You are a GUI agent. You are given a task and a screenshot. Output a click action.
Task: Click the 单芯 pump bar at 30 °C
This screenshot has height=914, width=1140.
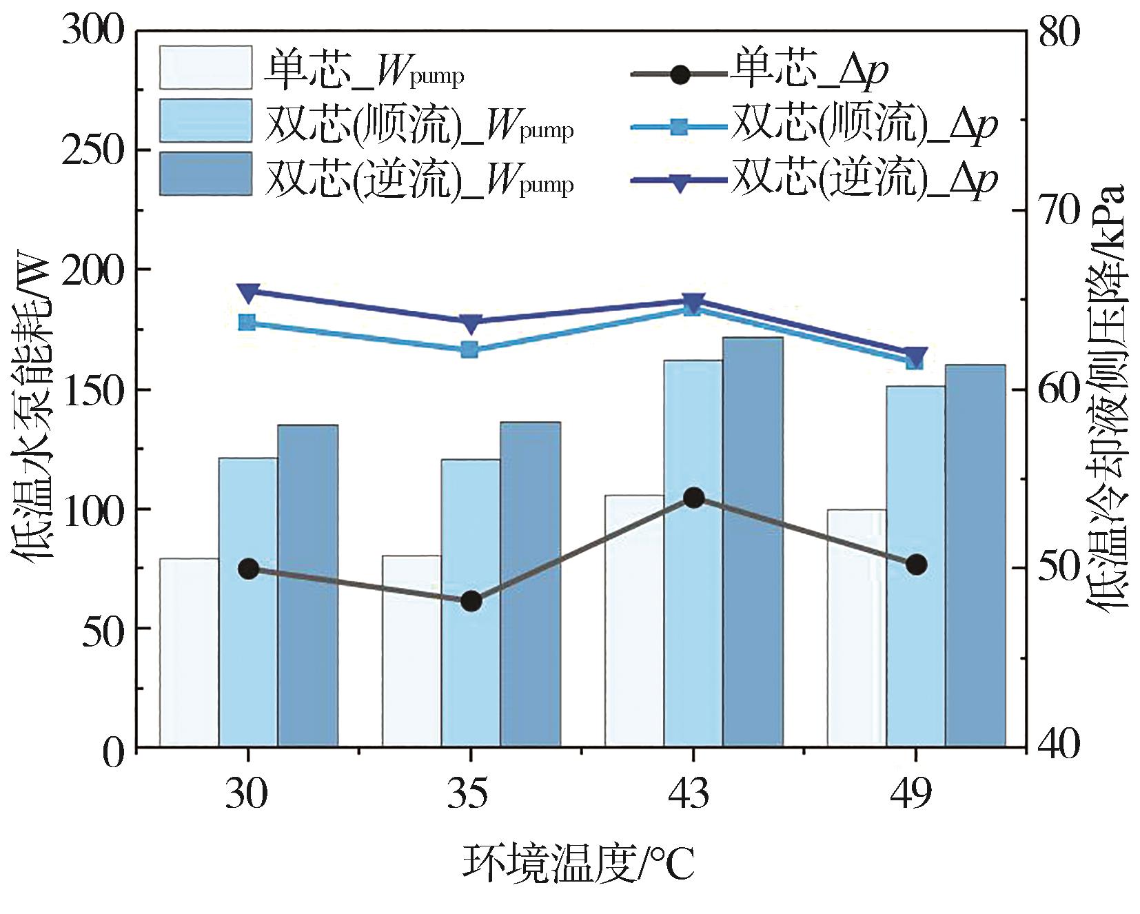tap(189, 652)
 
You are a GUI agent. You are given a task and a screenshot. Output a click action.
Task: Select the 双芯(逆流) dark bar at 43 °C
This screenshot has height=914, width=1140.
tap(753, 542)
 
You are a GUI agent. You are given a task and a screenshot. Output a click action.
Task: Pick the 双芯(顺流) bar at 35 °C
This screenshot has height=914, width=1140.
tap(470, 602)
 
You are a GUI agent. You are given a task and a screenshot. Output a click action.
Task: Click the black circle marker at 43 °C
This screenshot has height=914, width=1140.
tap(693, 498)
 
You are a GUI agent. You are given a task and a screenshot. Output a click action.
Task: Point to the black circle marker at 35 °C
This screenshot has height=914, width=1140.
tap(471, 601)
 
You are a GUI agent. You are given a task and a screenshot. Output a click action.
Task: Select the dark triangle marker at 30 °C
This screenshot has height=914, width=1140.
tap(248, 292)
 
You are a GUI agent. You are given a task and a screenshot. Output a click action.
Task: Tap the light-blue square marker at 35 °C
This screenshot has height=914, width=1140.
tap(470, 349)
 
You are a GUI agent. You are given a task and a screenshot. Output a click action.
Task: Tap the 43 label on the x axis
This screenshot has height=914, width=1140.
tap(693, 794)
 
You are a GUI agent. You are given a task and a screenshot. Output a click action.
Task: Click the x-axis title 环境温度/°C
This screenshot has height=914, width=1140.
tap(579, 863)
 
